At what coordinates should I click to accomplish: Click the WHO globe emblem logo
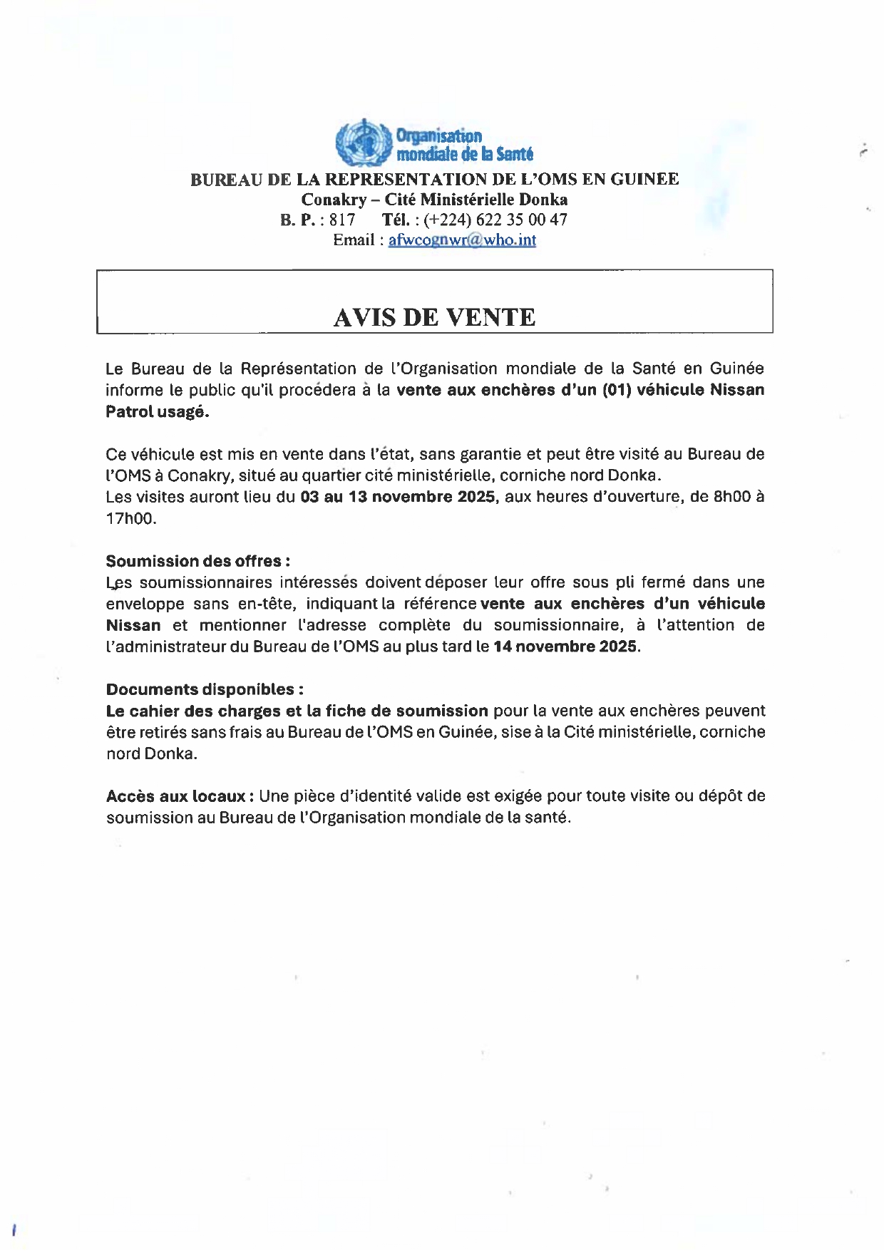point(363,143)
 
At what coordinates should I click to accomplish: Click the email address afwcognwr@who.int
point(462,240)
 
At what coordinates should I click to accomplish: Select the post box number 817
point(341,220)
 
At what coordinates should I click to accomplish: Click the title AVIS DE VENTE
point(434,317)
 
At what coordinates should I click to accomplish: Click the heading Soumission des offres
point(197,561)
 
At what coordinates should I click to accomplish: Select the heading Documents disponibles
point(205,689)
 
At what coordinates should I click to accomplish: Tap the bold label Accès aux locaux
point(176,796)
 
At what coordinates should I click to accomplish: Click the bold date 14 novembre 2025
point(566,647)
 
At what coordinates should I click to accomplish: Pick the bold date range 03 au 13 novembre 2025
point(398,497)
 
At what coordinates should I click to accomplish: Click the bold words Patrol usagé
point(157,411)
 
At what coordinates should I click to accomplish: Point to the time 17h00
point(130,518)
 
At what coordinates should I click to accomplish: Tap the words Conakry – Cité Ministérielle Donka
point(434,200)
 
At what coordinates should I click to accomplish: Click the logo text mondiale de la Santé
point(465,153)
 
